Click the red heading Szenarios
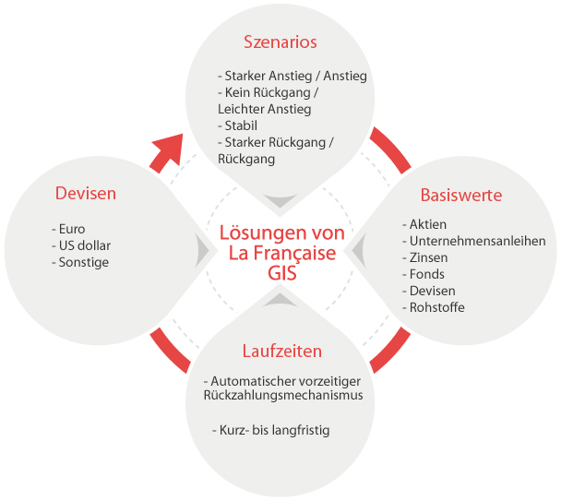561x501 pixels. [x=280, y=42]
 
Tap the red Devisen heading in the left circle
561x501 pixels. [x=86, y=193]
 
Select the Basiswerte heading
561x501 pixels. [x=461, y=195]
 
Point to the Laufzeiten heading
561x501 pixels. [x=282, y=351]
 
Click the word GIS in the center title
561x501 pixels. [x=282, y=273]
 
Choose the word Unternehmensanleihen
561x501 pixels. [x=478, y=241]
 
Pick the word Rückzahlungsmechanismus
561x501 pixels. [x=283, y=396]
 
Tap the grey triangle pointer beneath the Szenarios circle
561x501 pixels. [x=280, y=199]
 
